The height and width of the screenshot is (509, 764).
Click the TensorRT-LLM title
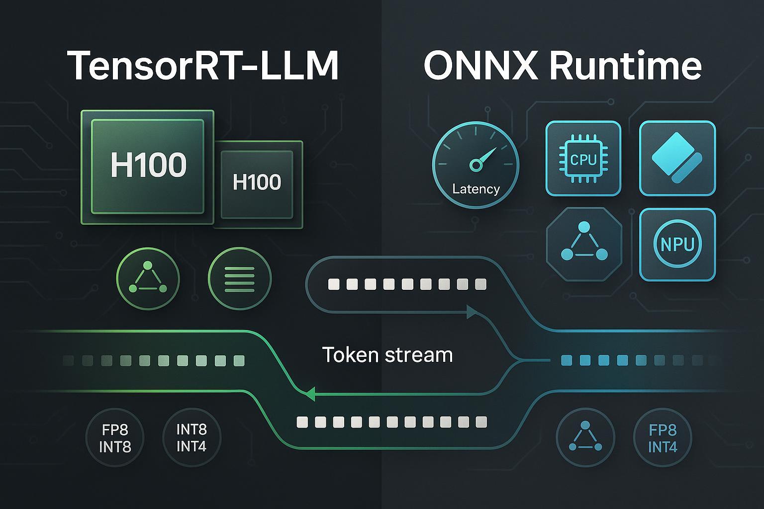[x=203, y=65]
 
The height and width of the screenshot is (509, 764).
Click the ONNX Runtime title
[x=562, y=65]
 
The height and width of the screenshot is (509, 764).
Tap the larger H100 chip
[x=148, y=166]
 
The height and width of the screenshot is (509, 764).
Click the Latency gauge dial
[x=476, y=165]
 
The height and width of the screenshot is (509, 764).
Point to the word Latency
[x=476, y=189]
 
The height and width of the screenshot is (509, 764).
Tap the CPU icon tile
[x=583, y=159]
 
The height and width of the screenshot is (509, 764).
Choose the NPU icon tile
[x=677, y=245]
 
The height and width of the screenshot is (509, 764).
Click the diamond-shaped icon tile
[x=677, y=159]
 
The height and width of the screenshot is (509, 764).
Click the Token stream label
[x=387, y=355]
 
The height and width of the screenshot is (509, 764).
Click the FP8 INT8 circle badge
[x=115, y=438]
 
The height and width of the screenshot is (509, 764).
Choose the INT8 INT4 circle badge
[x=191, y=437]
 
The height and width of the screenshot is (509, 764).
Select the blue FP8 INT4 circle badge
[x=663, y=438]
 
